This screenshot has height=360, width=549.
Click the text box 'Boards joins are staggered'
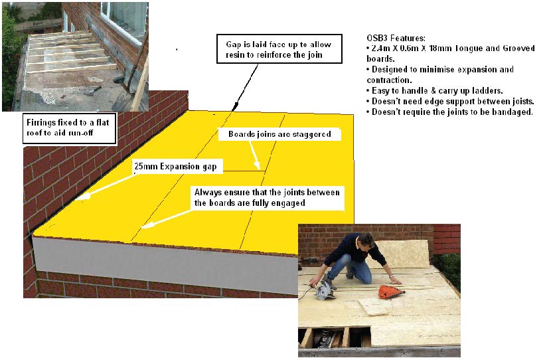[279, 134]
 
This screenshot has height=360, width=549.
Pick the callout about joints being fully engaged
[268, 198]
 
